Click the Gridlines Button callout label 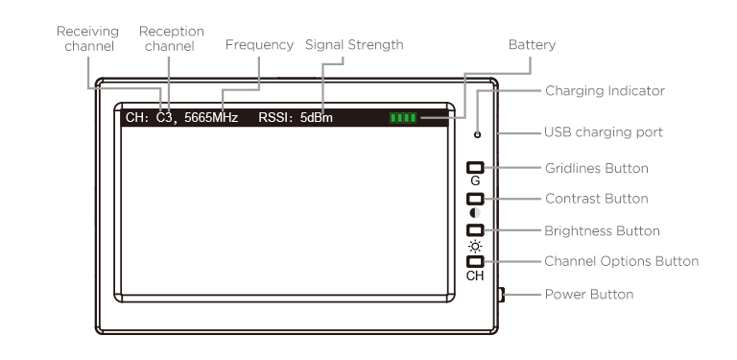[597, 168]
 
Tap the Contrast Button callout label [597, 199]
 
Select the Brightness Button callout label [602, 230]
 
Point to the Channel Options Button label [622, 261]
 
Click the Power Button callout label [589, 294]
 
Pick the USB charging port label [604, 132]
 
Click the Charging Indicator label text [605, 90]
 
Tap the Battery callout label [532, 45]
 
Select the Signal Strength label [354, 45]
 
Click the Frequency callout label [259, 45]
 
